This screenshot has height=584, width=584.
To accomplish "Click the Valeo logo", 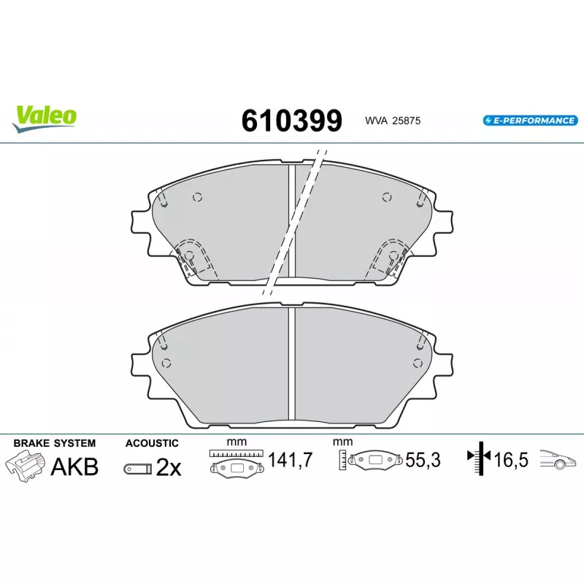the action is (x=44, y=118).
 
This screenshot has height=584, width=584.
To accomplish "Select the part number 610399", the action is (x=291, y=120).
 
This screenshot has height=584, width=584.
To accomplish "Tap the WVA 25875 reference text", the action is (x=393, y=120).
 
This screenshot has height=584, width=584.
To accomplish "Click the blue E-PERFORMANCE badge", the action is (x=531, y=120).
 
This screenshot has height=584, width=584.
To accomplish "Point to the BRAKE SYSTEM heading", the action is (x=54, y=443).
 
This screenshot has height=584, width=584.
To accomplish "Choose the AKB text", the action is (x=74, y=466).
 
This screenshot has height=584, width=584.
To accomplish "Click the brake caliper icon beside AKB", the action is (x=25, y=466).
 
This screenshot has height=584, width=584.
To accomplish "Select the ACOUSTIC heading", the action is (x=152, y=443).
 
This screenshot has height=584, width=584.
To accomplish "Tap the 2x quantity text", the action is (x=169, y=467).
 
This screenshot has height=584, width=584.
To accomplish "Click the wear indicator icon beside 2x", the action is (x=138, y=469).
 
